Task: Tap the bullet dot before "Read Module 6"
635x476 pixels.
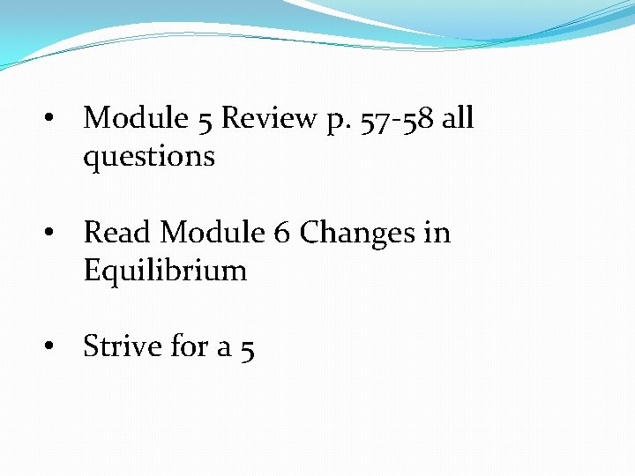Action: coord(54,234)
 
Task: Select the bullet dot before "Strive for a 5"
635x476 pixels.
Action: coord(54,348)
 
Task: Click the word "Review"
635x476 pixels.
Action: coord(269,118)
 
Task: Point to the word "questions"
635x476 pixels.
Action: coord(149,157)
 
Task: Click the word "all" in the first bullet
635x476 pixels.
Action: coord(458,117)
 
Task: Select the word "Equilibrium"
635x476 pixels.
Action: coord(165,271)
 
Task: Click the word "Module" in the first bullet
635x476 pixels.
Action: coord(136,118)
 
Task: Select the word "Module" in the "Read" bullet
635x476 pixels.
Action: coord(212,233)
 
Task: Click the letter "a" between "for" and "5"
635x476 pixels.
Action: coord(225,349)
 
